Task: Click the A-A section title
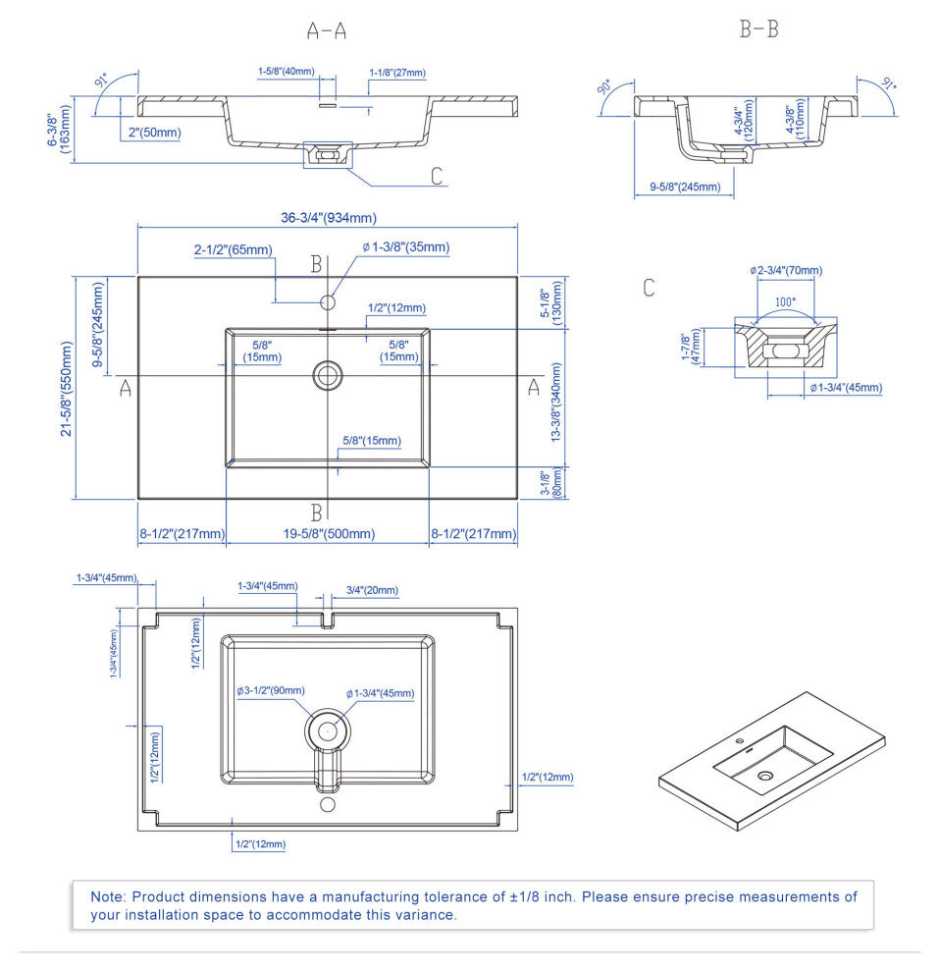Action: click(327, 30)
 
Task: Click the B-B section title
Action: click(758, 29)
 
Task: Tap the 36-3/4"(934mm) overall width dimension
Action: click(329, 218)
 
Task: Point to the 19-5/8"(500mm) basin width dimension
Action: click(328, 534)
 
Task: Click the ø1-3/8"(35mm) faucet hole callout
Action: click(405, 247)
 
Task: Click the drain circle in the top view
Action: click(328, 374)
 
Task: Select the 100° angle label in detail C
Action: click(785, 302)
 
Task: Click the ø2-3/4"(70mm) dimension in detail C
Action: click(785, 270)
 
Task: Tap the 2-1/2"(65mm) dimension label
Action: click(233, 250)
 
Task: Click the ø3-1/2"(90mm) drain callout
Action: click(270, 691)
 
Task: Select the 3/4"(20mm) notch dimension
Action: click(372, 591)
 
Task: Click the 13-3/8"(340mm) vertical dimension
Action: click(557, 402)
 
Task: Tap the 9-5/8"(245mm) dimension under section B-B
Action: click(685, 187)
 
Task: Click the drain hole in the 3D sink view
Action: click(765, 776)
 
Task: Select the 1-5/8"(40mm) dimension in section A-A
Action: click(287, 72)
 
